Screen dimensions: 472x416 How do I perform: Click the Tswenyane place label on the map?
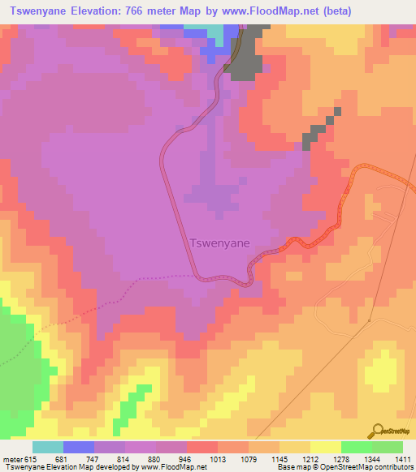(219, 242)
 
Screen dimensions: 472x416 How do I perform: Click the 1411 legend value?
(403, 460)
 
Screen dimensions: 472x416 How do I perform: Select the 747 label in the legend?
(93, 460)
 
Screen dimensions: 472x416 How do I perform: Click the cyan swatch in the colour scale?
(47, 447)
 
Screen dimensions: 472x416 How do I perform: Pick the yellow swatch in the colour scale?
(325, 447)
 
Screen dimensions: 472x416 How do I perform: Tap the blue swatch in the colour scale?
(78, 447)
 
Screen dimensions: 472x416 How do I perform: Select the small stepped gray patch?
(318, 130)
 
